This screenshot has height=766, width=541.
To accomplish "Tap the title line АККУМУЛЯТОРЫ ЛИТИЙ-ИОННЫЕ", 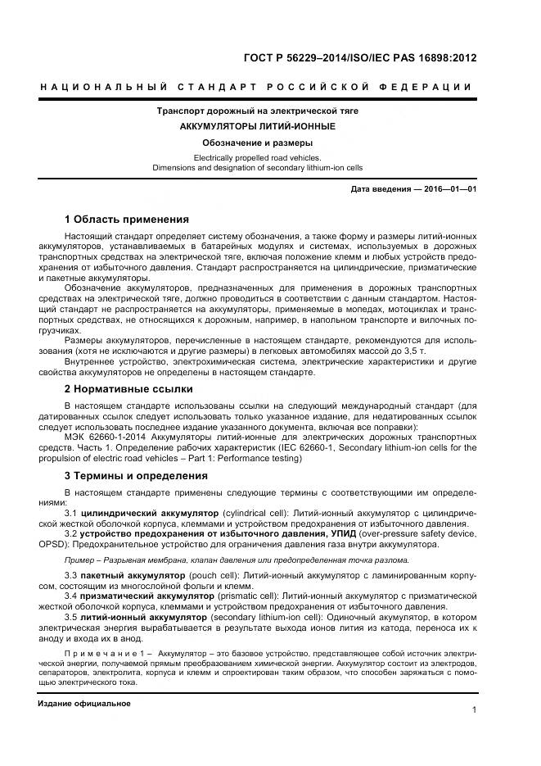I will click(258, 126).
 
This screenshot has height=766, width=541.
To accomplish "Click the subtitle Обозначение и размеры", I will click(258, 143).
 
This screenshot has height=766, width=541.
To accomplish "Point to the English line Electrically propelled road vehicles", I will click(258, 157).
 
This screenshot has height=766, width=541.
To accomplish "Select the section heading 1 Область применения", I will click(127, 220).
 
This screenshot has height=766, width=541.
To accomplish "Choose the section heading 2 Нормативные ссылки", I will click(128, 389).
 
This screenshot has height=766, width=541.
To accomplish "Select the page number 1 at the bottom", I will click(474, 710).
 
